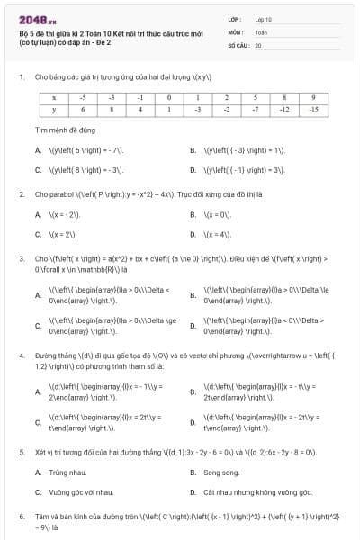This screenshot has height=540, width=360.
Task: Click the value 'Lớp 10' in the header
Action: (x=264, y=18)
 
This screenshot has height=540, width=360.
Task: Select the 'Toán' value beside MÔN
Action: (x=261, y=31)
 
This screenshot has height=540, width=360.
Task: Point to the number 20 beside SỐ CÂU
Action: (x=258, y=43)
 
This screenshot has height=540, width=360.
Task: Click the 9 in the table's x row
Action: (x=312, y=96)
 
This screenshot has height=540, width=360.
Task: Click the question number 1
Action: (x=21, y=77)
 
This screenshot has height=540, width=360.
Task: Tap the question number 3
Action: (x=21, y=257)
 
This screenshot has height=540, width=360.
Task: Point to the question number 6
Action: (x=21, y=517)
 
